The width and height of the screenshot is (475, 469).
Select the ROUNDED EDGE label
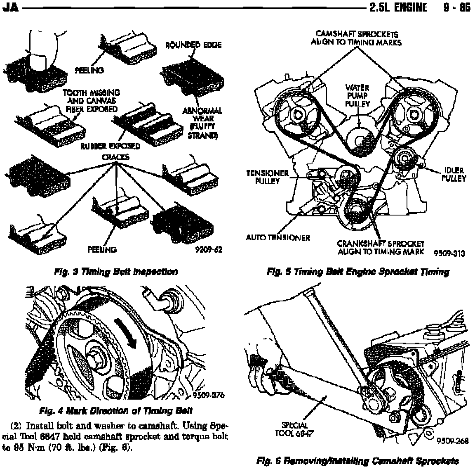click(x=193, y=45)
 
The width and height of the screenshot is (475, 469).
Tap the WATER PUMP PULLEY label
click(x=357, y=95)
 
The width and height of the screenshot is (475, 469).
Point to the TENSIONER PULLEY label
click(x=267, y=177)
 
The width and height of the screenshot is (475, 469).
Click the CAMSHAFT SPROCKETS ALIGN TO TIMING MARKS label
click(x=357, y=38)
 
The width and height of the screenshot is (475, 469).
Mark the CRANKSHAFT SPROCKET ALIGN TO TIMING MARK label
click(x=381, y=248)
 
